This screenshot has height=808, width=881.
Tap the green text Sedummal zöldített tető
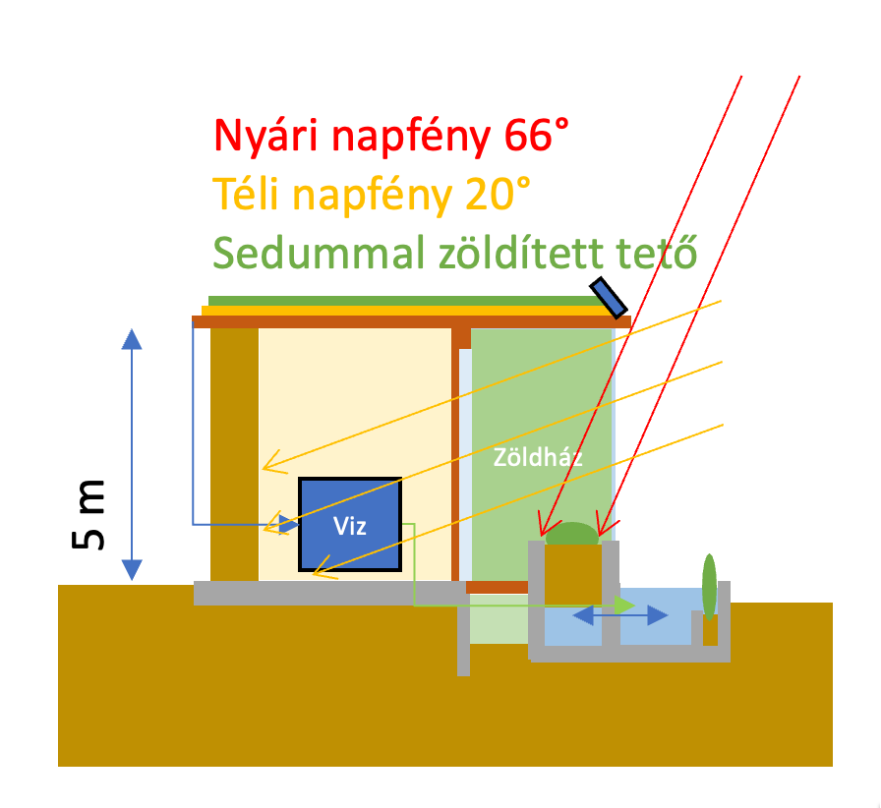click(x=455, y=254)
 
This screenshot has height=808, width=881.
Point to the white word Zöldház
click(x=525, y=457)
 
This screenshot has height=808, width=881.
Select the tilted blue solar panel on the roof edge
click(x=610, y=298)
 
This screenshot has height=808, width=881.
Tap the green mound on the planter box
click(x=571, y=534)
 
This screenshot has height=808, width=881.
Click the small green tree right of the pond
click(x=709, y=586)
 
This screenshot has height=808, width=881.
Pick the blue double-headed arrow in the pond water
click(x=620, y=615)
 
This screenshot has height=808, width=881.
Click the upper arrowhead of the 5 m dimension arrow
click(x=132, y=339)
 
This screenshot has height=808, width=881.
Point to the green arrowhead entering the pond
click(x=623, y=605)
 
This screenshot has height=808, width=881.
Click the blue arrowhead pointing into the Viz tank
click(x=288, y=524)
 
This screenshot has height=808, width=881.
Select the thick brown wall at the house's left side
click(x=234, y=452)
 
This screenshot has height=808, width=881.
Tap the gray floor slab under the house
click(x=329, y=592)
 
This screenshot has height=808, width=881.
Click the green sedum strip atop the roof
click(x=403, y=301)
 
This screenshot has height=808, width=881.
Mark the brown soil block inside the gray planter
click(x=572, y=574)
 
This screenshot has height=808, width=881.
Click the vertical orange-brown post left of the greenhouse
click(x=455, y=452)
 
